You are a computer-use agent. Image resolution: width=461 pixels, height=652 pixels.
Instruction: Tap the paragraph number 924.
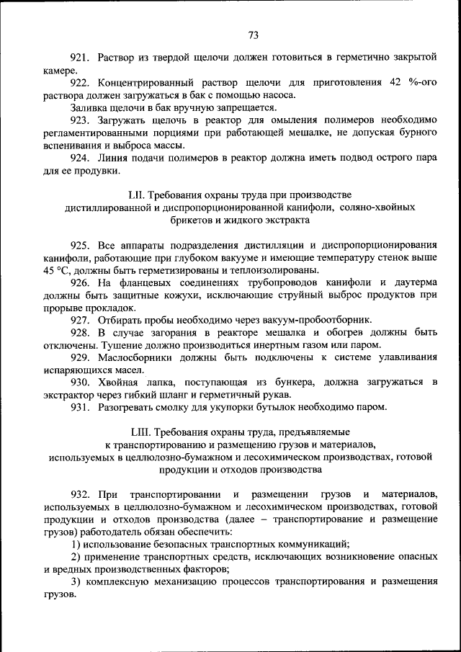pyautogui.click(x=79, y=158)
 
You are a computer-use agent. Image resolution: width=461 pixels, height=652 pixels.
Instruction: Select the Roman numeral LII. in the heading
pyautogui.click(x=138, y=195)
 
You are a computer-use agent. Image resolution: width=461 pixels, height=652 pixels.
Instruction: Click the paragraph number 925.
pyautogui.click(x=79, y=245)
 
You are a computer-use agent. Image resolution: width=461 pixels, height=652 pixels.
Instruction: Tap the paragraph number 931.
pyautogui.click(x=79, y=407)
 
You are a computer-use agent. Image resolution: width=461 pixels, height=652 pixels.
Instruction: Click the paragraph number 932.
pyautogui.click(x=79, y=494)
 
